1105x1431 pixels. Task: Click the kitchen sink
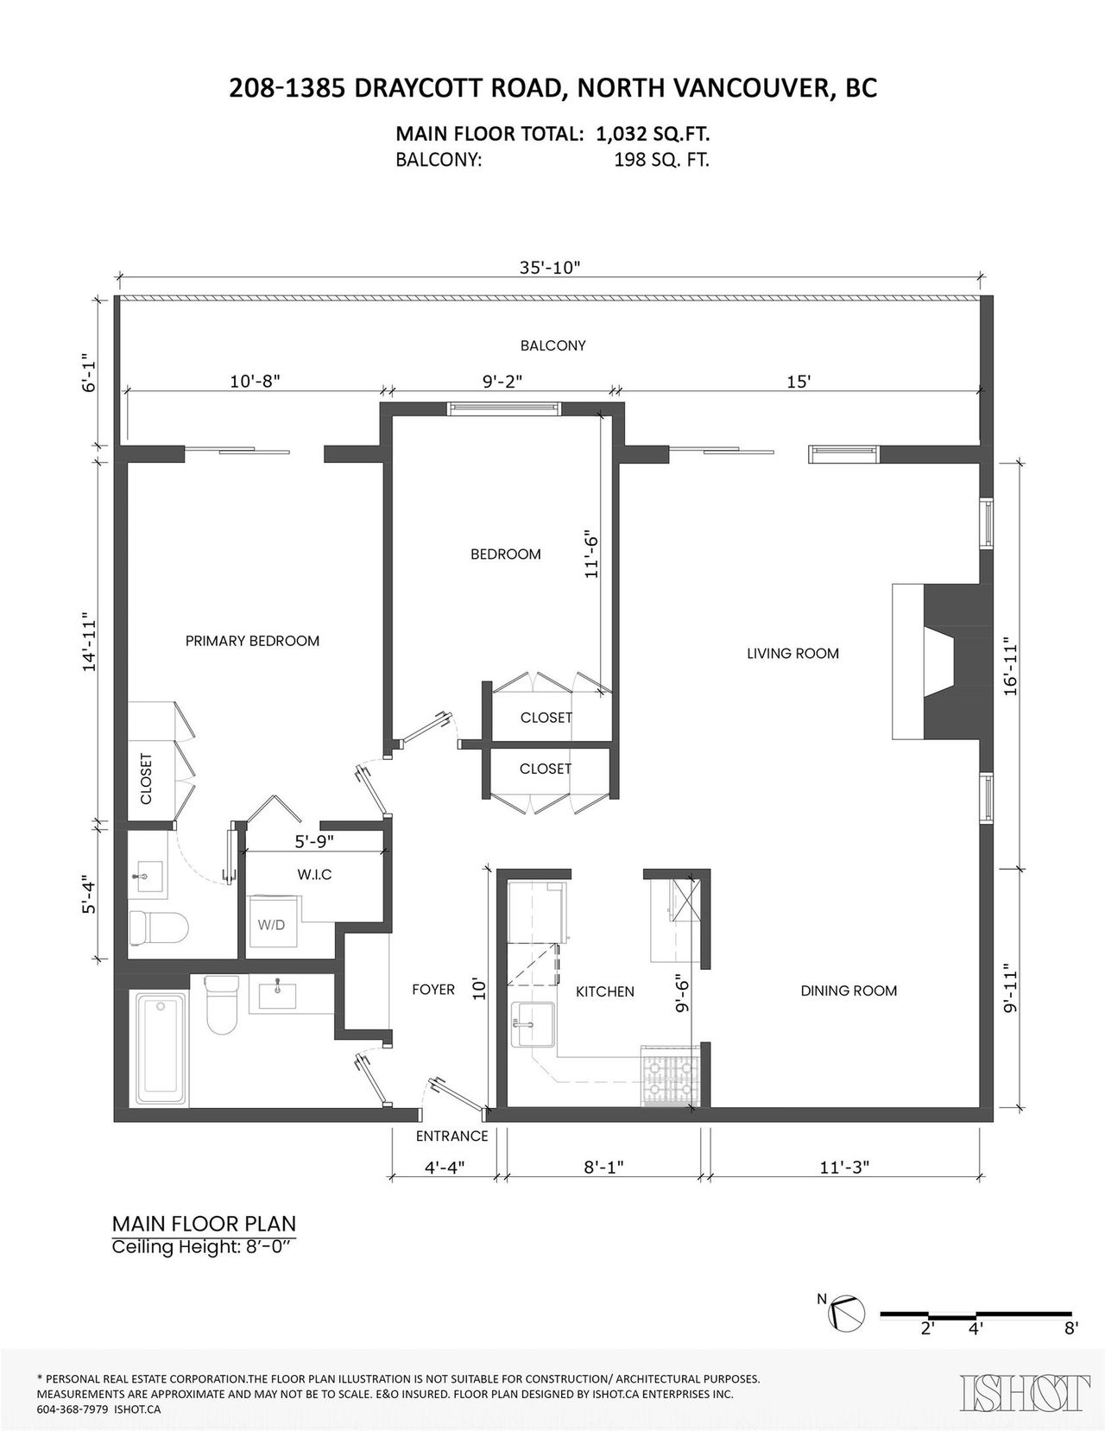[534, 1024]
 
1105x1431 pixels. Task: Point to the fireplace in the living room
[941, 662]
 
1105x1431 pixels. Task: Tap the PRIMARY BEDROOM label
[252, 641]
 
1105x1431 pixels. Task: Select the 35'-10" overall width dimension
[550, 268]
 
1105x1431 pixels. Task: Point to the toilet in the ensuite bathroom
[157, 927]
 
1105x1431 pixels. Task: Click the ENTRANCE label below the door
[452, 1136]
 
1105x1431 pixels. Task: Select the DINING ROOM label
[849, 991]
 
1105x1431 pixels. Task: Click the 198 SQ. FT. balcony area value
[661, 160]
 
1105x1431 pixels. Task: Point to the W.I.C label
[314, 875]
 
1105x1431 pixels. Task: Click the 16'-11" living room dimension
[1010, 666]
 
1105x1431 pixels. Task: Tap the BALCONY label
[552, 345]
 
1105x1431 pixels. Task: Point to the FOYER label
[433, 990]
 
